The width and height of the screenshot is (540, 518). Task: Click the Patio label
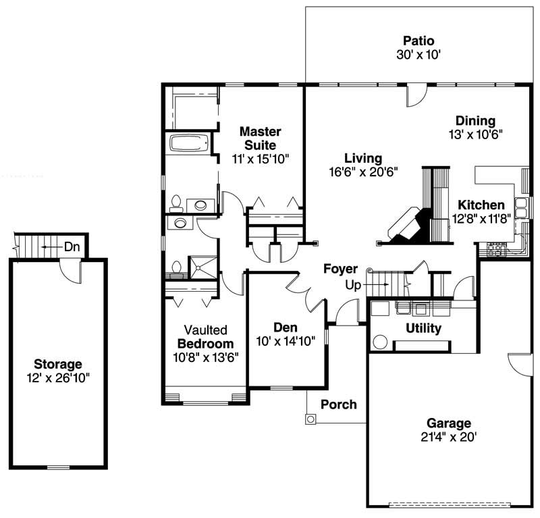pyautogui.click(x=418, y=41)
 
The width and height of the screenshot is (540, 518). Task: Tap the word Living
pyautogui.click(x=363, y=159)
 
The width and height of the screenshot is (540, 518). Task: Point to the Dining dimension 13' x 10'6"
pyautogui.click(x=475, y=134)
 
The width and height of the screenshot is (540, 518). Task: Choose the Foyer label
pyautogui.click(x=340, y=269)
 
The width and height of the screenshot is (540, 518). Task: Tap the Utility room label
pyautogui.click(x=423, y=329)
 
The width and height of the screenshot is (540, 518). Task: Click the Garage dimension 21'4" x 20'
pyautogui.click(x=448, y=437)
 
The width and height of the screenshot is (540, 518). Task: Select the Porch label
pyautogui.click(x=338, y=405)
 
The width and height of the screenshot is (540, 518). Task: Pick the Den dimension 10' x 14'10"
pyautogui.click(x=286, y=340)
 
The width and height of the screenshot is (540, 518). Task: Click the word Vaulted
pyautogui.click(x=205, y=330)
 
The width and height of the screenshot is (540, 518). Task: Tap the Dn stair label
pyautogui.click(x=72, y=247)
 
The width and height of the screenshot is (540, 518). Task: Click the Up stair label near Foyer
pyautogui.click(x=353, y=286)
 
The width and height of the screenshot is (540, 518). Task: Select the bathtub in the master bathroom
pyautogui.click(x=189, y=143)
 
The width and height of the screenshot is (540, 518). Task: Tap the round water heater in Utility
pyautogui.click(x=379, y=342)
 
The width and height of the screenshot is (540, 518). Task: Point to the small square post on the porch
pyautogui.click(x=310, y=419)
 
